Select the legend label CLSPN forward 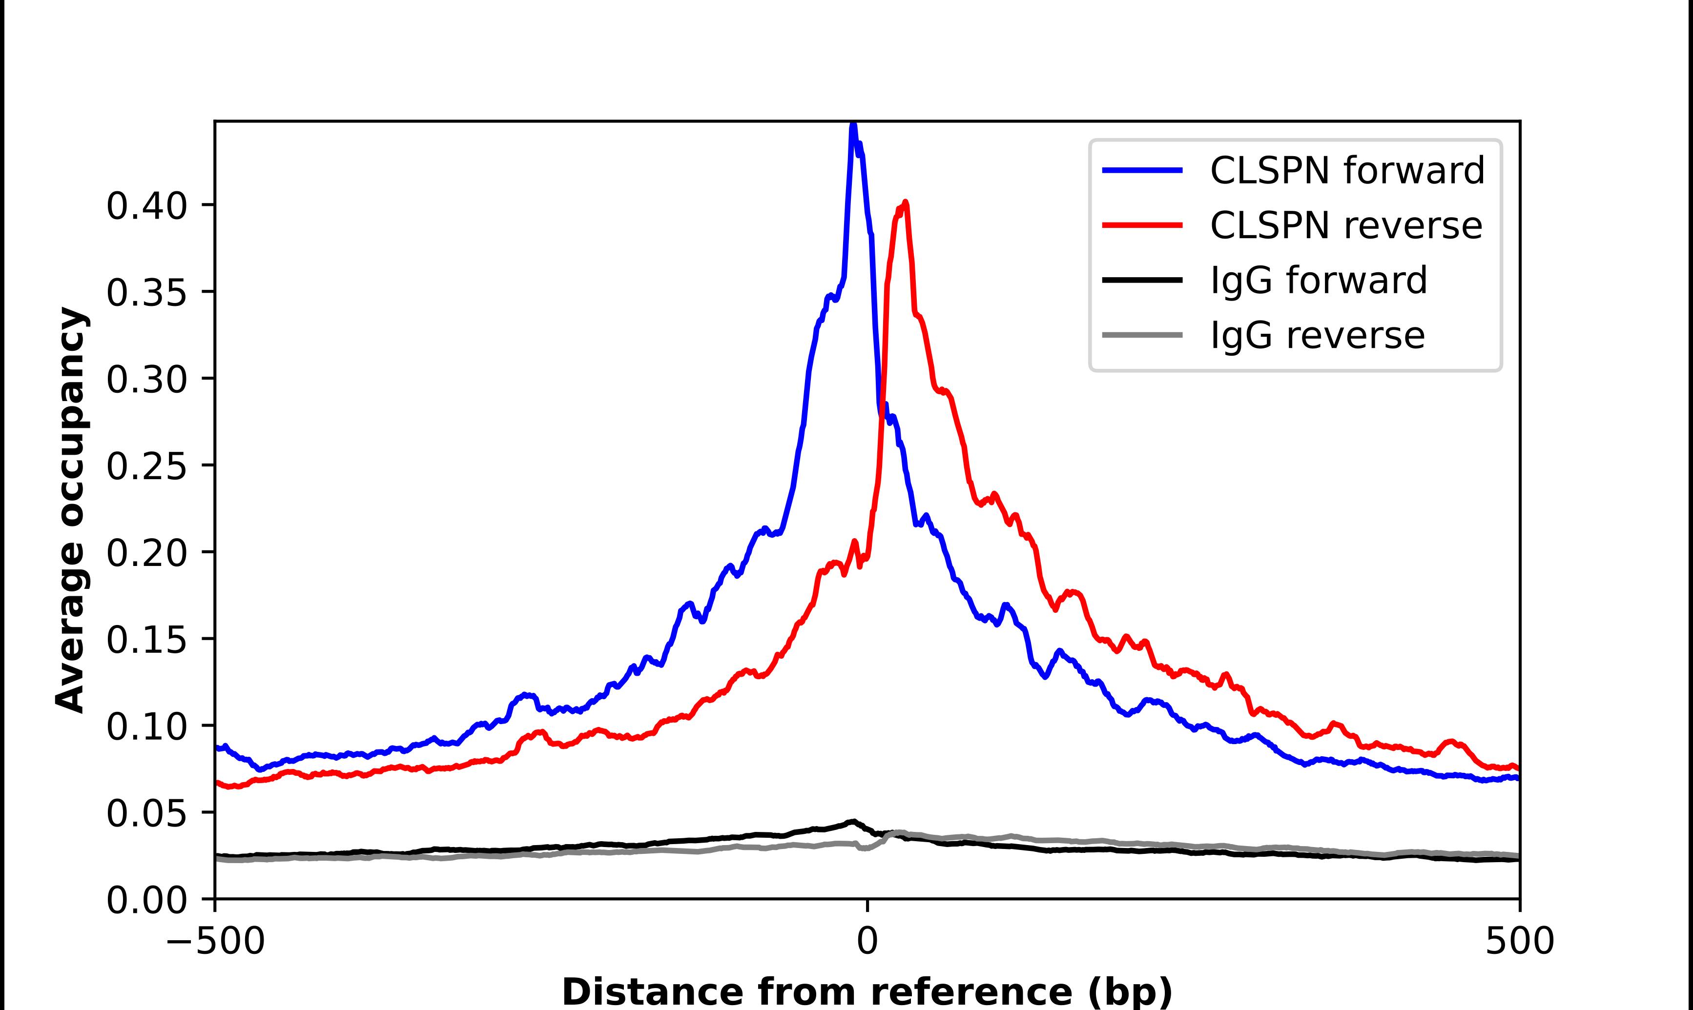pos(1346,170)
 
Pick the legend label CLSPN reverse pos(1345,225)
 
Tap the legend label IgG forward pos(1318,281)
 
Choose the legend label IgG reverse pos(1317,336)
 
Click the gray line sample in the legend pos(1142,335)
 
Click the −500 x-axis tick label pos(215,941)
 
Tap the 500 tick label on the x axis pos(1519,941)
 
